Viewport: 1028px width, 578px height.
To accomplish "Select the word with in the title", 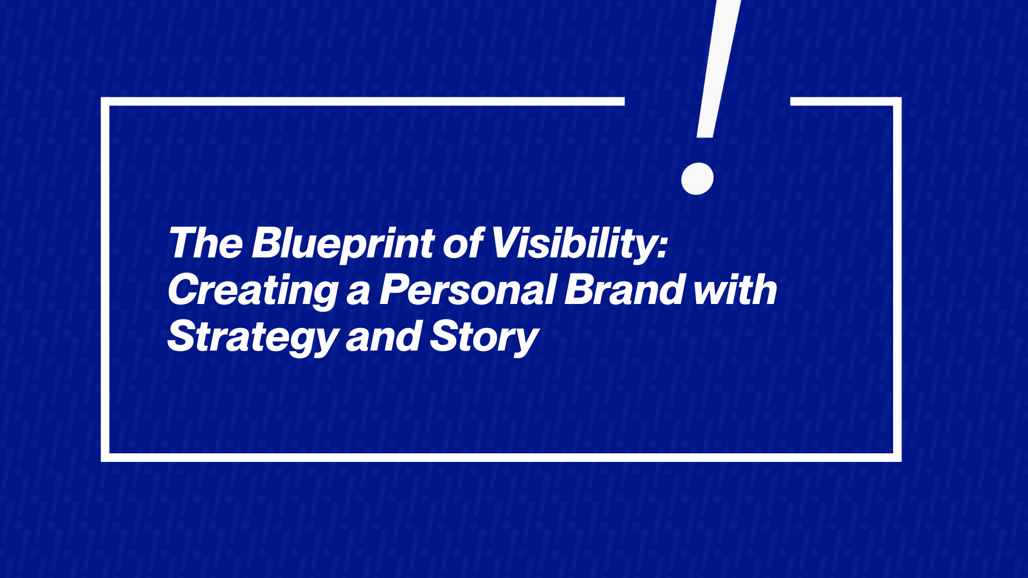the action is click(735, 290).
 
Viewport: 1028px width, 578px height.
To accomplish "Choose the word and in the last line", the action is click(383, 337).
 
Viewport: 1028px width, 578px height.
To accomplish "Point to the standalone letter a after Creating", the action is click(358, 293).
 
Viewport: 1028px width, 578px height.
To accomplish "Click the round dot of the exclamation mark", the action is click(697, 178).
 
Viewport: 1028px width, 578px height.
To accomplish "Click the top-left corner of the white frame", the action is click(105, 102).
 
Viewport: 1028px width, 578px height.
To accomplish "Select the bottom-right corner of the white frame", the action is click(897, 458).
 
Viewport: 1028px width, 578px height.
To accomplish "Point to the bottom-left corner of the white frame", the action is click(105, 458).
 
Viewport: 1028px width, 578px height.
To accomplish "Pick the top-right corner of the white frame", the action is click(897, 102).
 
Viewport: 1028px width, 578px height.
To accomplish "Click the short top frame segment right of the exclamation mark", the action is click(846, 102).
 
